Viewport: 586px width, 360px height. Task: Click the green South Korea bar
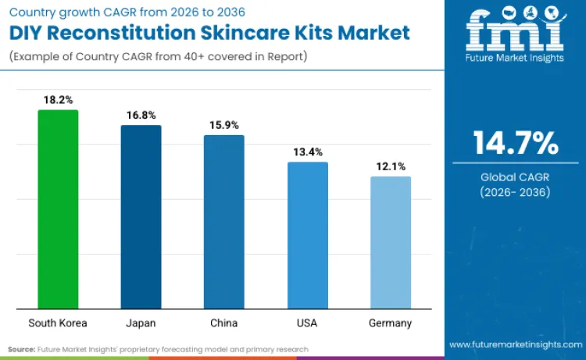click(58, 209)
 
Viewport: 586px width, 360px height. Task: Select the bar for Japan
click(141, 217)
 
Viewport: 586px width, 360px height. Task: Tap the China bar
click(223, 222)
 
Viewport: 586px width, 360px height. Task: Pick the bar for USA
click(307, 235)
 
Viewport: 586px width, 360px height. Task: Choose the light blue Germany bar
click(390, 242)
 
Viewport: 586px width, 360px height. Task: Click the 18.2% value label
click(58, 100)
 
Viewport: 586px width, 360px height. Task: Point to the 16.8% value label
click(141, 115)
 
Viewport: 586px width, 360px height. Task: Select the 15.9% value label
click(223, 125)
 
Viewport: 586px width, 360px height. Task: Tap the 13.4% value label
click(307, 151)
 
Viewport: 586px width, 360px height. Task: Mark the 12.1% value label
click(390, 166)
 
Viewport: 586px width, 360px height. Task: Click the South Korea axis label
click(58, 323)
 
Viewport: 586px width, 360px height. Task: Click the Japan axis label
click(141, 323)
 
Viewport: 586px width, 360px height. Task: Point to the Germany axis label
click(390, 323)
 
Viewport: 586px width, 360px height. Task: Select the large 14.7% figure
click(515, 144)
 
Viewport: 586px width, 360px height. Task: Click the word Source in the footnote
click(21, 348)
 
